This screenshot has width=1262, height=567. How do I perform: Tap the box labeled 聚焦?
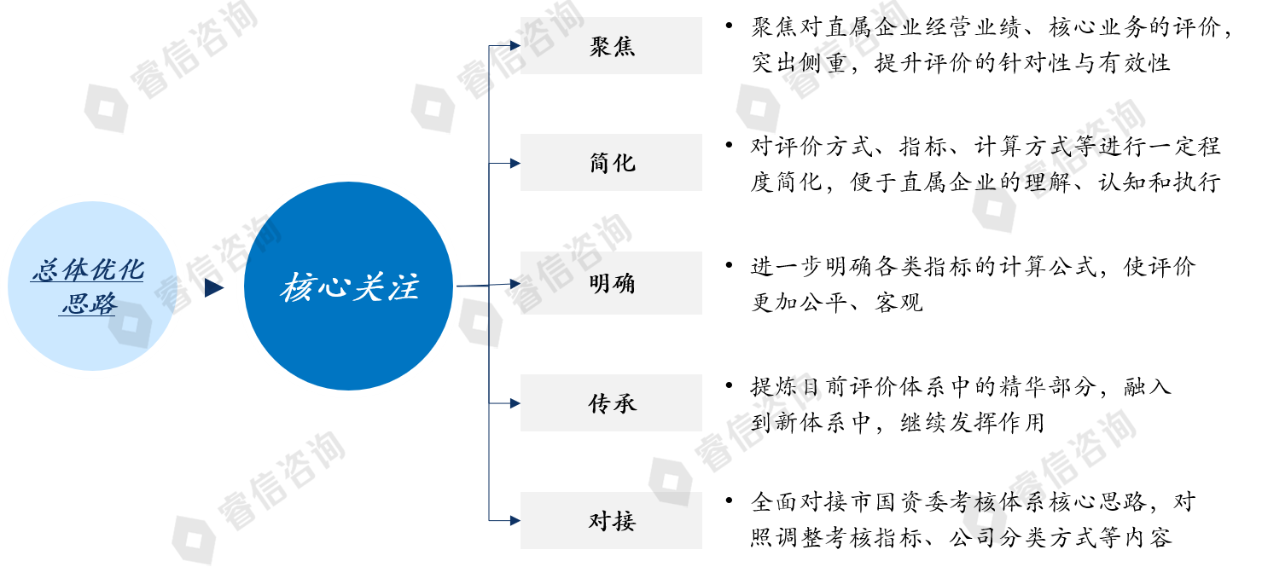coord(611,46)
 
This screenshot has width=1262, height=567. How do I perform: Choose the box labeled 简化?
coord(611,162)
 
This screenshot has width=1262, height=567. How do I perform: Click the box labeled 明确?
coord(611,283)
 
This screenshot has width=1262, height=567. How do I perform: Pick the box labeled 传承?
coord(611,403)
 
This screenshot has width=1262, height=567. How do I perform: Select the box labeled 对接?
coord(611,520)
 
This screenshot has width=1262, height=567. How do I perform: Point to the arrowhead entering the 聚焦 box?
coord(515,46)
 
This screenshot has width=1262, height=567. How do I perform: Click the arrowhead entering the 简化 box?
coord(515,162)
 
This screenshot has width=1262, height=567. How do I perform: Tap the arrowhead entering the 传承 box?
coord(515,403)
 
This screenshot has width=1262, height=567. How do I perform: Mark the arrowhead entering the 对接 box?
coord(515,519)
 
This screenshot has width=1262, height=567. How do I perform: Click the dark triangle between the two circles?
coord(213,288)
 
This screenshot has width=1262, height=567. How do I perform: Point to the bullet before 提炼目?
coord(729,387)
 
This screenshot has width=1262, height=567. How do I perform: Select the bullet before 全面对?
coord(729,500)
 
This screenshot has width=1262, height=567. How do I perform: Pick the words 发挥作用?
coord(1003,423)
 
